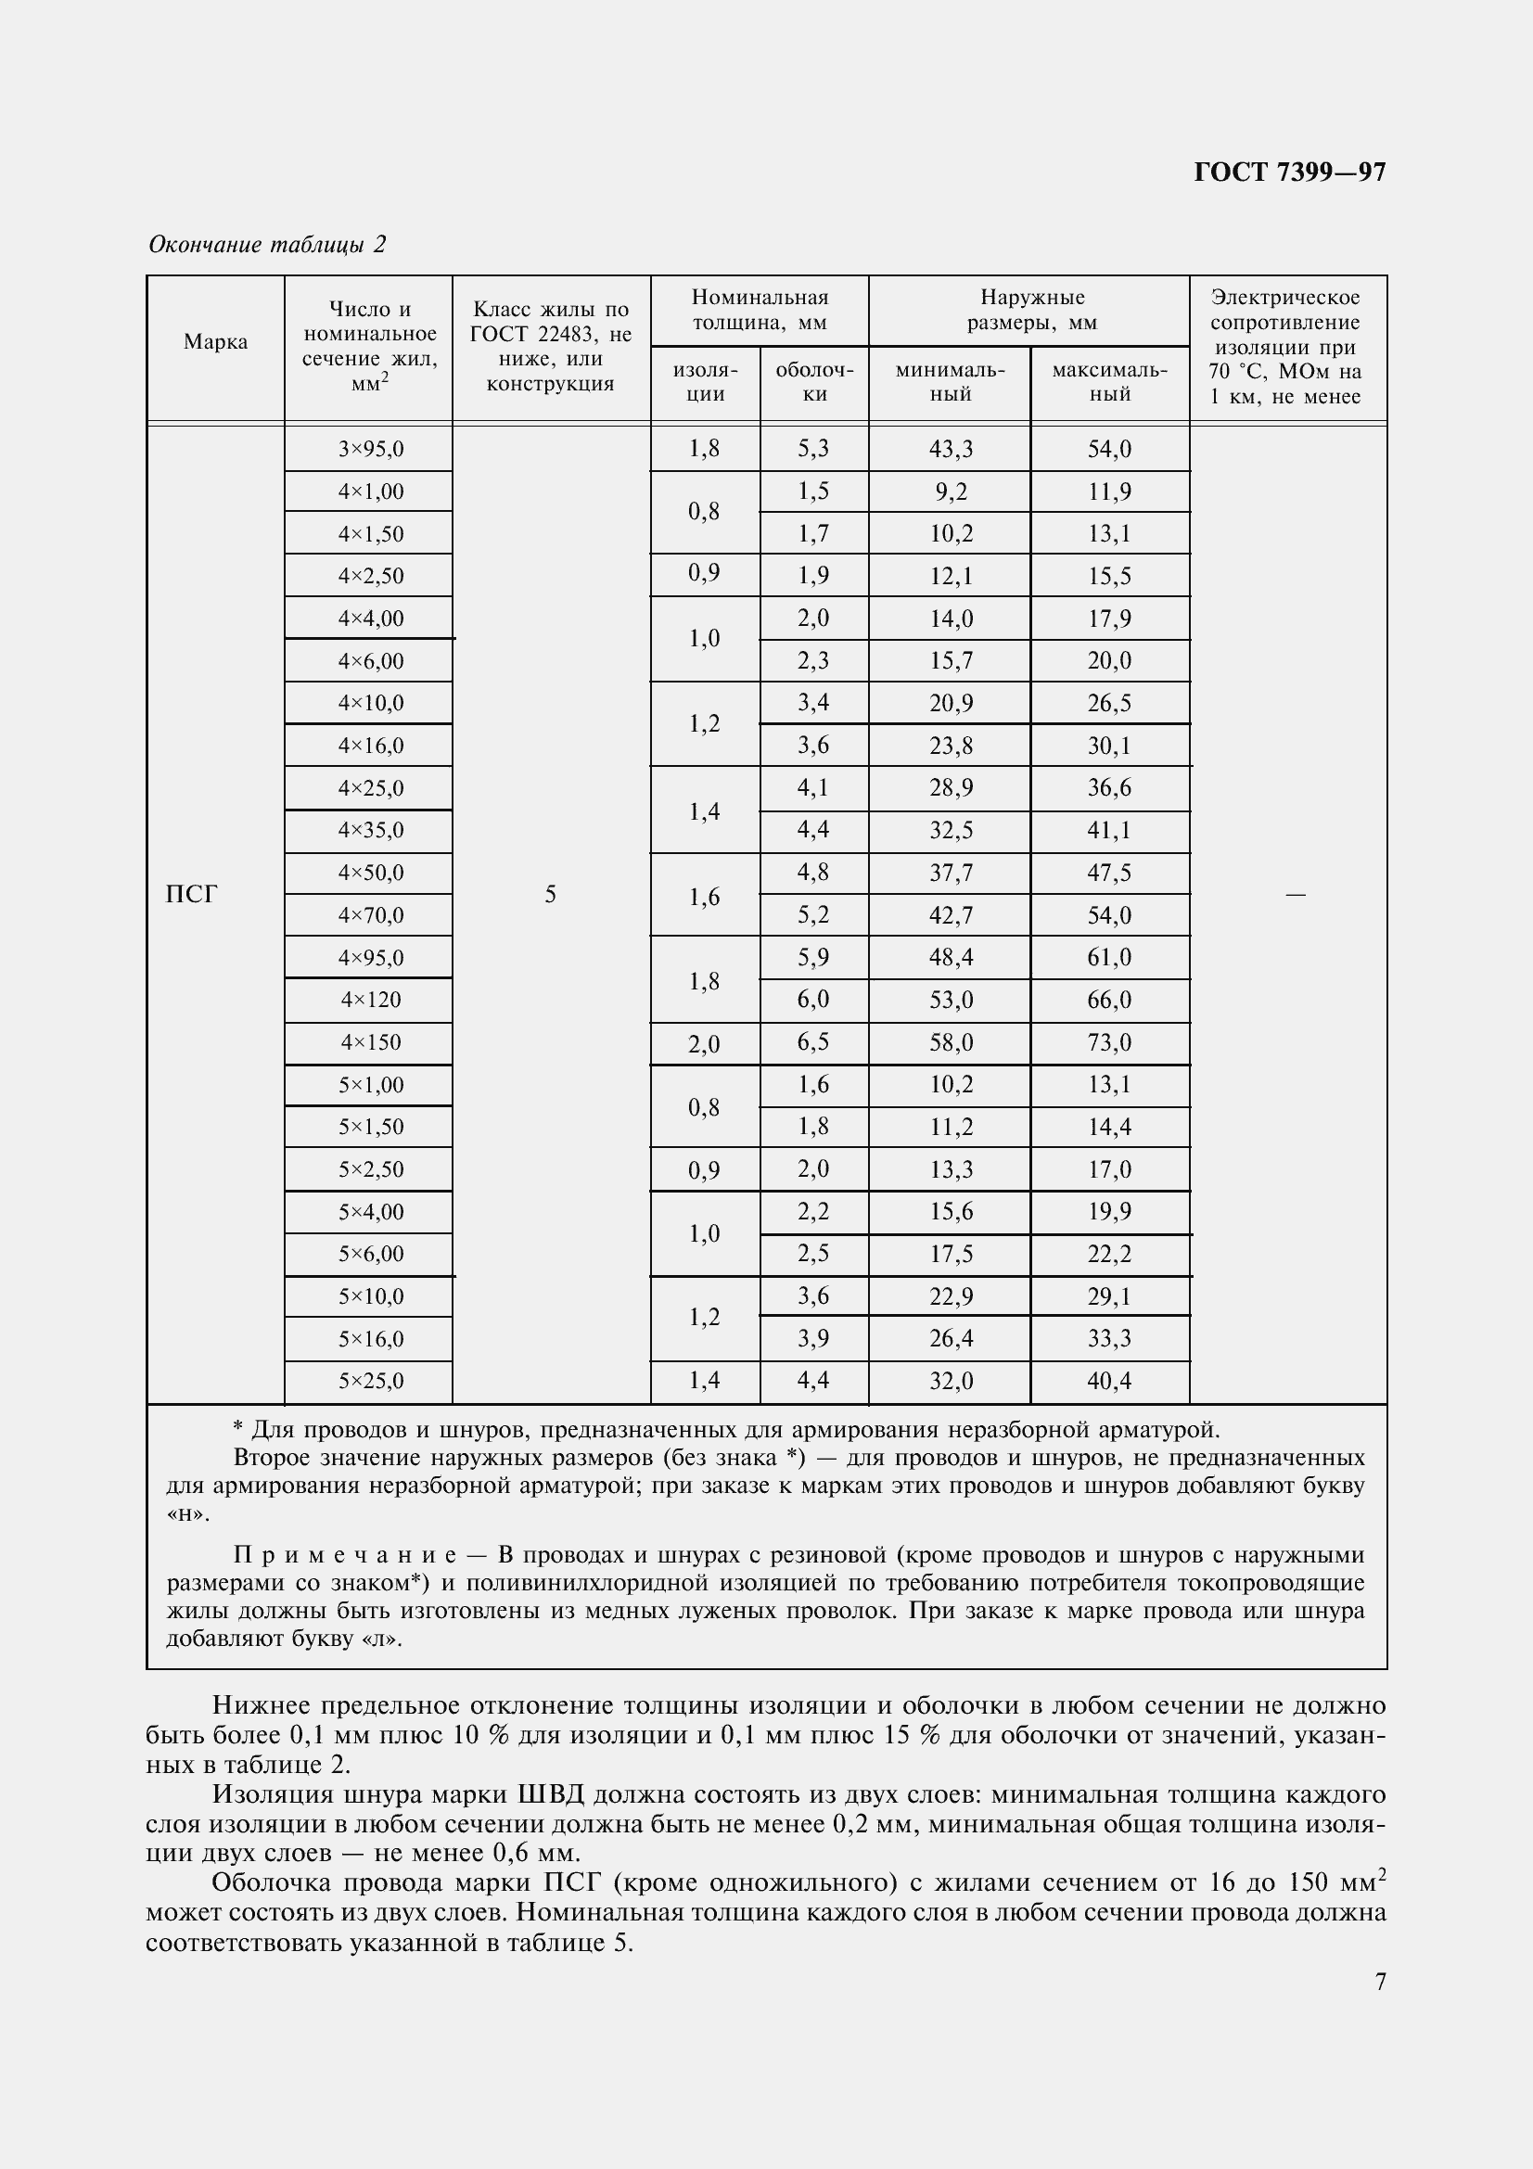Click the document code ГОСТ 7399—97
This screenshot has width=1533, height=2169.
(x=1288, y=172)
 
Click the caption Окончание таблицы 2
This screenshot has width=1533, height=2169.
(x=267, y=245)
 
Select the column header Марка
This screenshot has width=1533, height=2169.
(x=215, y=342)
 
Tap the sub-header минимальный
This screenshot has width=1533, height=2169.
(x=950, y=382)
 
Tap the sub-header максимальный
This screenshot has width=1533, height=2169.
(x=1109, y=382)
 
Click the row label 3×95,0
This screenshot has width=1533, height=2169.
(x=370, y=450)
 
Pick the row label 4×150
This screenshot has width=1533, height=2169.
(x=370, y=1043)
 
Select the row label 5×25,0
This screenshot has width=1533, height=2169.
(x=370, y=1382)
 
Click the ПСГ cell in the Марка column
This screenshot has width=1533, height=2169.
(x=192, y=894)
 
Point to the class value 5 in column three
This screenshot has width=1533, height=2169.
(x=551, y=895)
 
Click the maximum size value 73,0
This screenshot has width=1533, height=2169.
(x=1109, y=1043)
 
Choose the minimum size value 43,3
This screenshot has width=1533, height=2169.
(x=950, y=450)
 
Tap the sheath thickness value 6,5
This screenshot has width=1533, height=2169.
(x=813, y=1043)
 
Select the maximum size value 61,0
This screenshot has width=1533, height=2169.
(x=1109, y=958)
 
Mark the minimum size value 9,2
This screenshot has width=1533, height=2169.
(x=950, y=492)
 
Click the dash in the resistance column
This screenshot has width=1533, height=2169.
(x=1295, y=895)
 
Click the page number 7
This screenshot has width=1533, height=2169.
(x=1380, y=1982)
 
